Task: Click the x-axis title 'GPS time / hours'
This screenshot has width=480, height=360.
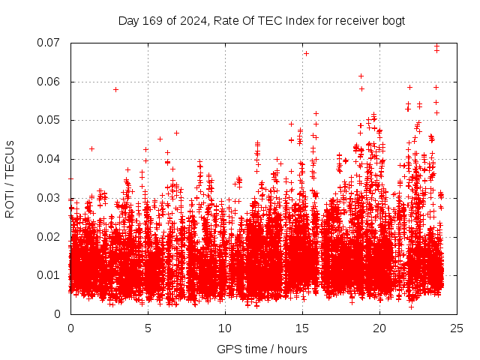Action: point(262,349)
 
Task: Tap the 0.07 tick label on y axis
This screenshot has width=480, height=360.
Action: point(50,43)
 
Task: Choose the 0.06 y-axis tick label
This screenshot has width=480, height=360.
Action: point(50,82)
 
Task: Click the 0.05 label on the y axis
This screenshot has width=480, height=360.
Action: point(50,120)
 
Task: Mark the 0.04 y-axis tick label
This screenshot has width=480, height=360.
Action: point(50,159)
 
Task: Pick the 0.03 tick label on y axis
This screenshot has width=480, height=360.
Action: point(50,198)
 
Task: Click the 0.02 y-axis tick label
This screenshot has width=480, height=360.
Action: point(50,236)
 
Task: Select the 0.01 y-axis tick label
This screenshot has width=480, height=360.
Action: point(50,275)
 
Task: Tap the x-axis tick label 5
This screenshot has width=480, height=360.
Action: point(148,328)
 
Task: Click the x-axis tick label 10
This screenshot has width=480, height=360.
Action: point(225,328)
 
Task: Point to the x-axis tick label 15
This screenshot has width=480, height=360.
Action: point(302,328)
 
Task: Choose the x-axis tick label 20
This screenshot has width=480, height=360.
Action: point(379,328)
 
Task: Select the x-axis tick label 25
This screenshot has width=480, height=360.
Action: point(457,328)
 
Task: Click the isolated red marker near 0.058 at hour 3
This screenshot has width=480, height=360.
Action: point(115,89)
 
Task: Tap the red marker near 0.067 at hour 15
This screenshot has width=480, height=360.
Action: point(306,53)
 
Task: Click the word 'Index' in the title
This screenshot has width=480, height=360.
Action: point(302,21)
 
